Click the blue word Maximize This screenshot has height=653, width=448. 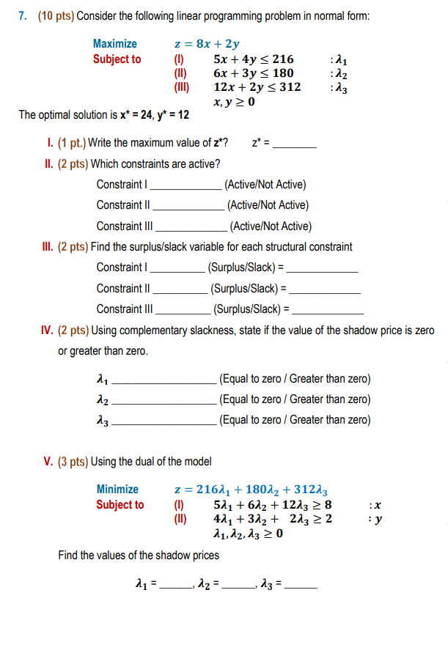pos(114,44)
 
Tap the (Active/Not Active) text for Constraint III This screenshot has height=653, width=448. pos(270,226)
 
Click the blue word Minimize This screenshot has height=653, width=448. pos(117,489)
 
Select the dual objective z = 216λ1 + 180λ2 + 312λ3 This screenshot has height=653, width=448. pos(251,490)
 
